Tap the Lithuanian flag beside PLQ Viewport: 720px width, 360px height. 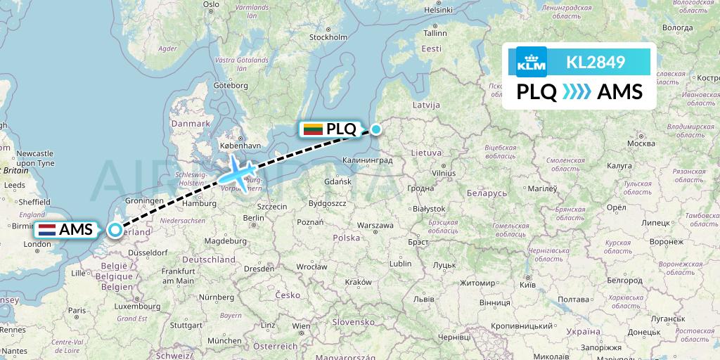pyautogui.click(x=313, y=129)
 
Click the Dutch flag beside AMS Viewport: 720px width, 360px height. pyautogui.click(x=47, y=229)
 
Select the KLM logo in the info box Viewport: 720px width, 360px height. pyautogui.click(x=531, y=62)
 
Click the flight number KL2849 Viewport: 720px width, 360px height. pyautogui.click(x=596, y=63)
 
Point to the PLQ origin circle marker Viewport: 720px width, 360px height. pyautogui.click(x=376, y=129)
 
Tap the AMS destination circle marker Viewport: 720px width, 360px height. pyautogui.click(x=115, y=229)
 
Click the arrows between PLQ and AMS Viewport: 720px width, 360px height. pyautogui.click(x=577, y=92)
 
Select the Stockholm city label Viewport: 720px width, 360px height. pyautogui.click(x=328, y=37)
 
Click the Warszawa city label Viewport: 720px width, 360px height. pyautogui.click(x=374, y=226)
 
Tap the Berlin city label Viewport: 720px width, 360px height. pyautogui.click(x=253, y=219)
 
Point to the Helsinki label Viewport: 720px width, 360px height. pyautogui.click(x=437, y=10)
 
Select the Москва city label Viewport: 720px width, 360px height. pyautogui.click(x=641, y=143)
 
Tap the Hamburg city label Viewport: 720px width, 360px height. pyautogui.click(x=199, y=204)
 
